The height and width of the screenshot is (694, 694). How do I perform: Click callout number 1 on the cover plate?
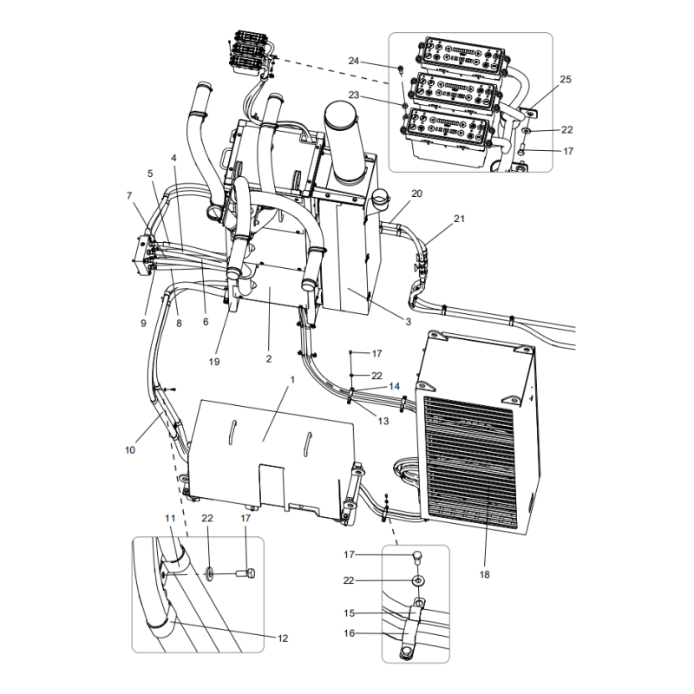[292, 379]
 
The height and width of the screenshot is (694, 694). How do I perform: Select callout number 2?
[269, 358]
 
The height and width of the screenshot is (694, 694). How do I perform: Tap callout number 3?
[407, 322]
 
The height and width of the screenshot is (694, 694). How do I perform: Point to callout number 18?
[485, 574]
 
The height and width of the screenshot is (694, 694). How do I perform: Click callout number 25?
[566, 80]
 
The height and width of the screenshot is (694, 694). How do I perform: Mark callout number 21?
[459, 219]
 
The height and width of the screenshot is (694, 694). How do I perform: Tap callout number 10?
[130, 449]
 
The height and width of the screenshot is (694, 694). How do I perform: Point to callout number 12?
[282, 638]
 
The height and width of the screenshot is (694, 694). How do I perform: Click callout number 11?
[170, 517]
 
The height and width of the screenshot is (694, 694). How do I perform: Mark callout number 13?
[383, 421]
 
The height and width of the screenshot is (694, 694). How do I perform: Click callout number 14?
[394, 386]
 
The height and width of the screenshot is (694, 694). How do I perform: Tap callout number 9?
[143, 324]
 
